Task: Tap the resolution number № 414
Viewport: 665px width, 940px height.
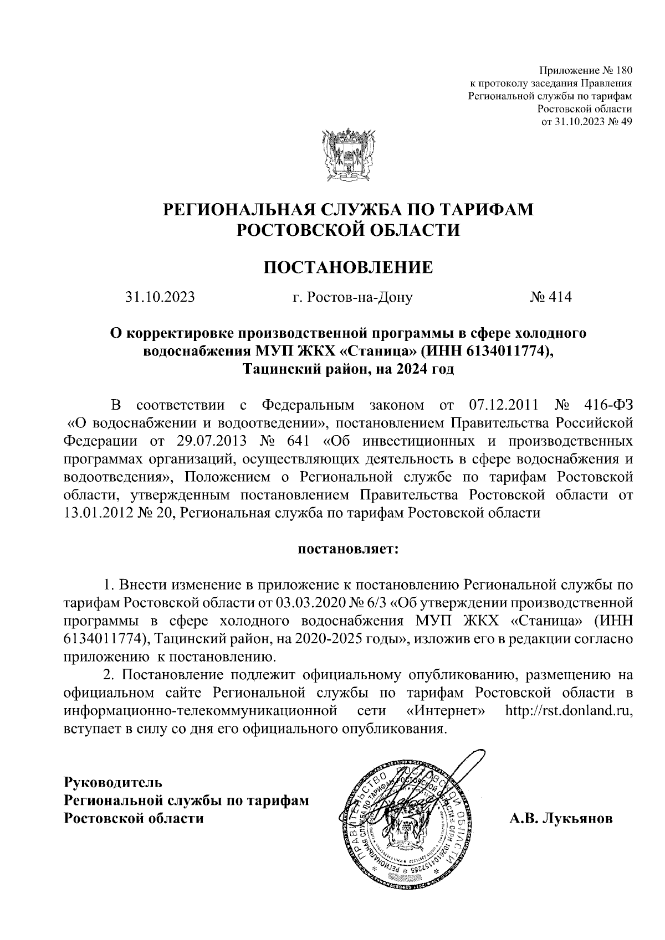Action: pos(550,297)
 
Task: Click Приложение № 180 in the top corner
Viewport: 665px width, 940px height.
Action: pos(586,71)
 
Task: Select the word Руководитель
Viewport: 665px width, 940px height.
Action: pos(114,783)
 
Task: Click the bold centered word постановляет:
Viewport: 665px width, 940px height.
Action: pos(348,550)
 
